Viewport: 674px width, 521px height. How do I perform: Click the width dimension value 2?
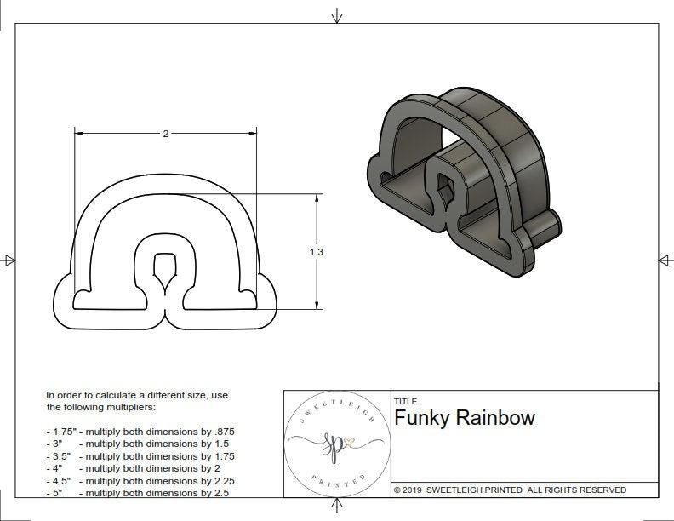click(x=165, y=134)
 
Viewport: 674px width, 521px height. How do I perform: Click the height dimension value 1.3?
click(x=317, y=251)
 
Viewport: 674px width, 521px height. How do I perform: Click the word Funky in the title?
click(x=420, y=418)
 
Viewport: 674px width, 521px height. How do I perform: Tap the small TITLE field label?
click(x=405, y=401)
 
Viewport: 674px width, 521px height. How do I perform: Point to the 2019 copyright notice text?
click(x=510, y=490)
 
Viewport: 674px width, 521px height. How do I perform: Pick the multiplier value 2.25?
click(x=220, y=480)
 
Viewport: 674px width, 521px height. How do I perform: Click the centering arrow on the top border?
click(x=337, y=15)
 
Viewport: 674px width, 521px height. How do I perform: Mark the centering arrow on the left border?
click(x=9, y=260)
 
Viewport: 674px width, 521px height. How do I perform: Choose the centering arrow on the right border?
click(x=665, y=260)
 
